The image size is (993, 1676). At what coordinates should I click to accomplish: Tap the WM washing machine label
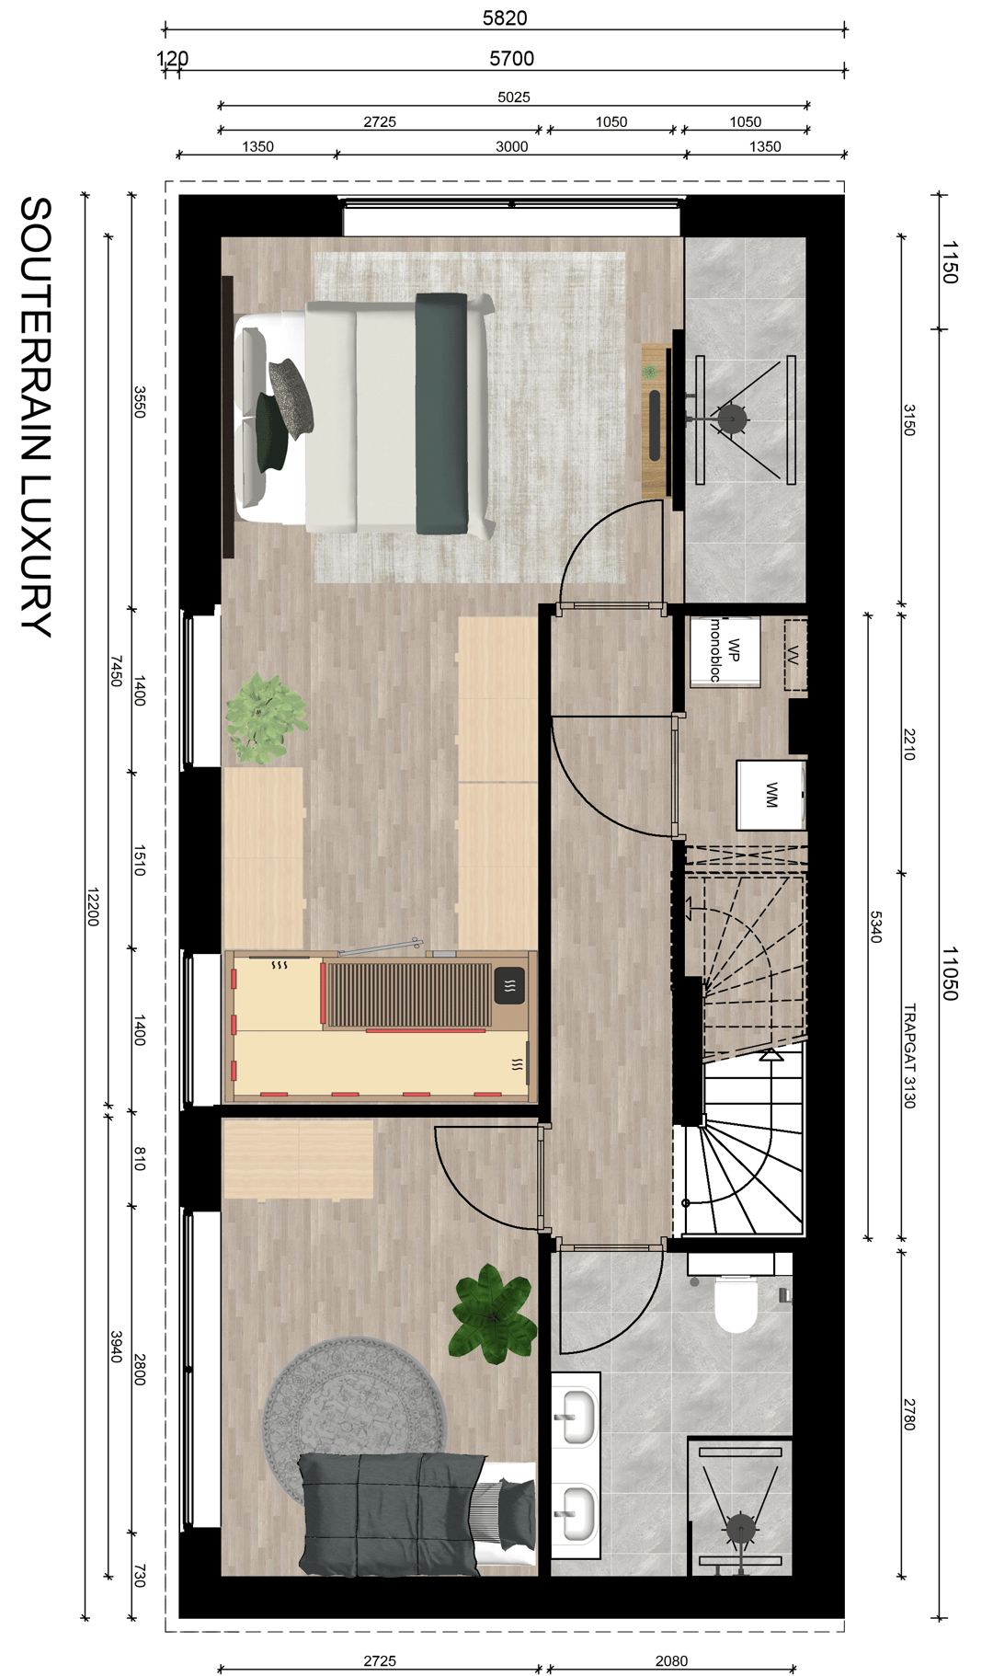[x=771, y=795]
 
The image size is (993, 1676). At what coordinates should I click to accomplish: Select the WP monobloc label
[x=725, y=650]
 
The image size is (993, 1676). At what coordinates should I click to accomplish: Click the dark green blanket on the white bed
[x=441, y=413]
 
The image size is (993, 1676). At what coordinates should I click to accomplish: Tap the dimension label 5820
[x=505, y=17]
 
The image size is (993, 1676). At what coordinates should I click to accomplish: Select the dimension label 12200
[x=92, y=906]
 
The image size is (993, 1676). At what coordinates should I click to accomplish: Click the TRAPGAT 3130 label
[x=909, y=1055]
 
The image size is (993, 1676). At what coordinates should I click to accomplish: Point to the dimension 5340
[x=875, y=926]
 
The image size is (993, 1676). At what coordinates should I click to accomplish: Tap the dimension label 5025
[x=513, y=97]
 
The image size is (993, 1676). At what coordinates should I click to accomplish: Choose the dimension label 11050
[x=950, y=973]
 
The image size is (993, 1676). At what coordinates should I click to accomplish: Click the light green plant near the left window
[x=265, y=717]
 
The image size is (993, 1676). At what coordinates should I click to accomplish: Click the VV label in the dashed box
[x=793, y=655]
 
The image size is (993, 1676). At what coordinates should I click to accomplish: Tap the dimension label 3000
[x=511, y=146]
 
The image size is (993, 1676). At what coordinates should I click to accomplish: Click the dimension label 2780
[x=909, y=1414]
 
